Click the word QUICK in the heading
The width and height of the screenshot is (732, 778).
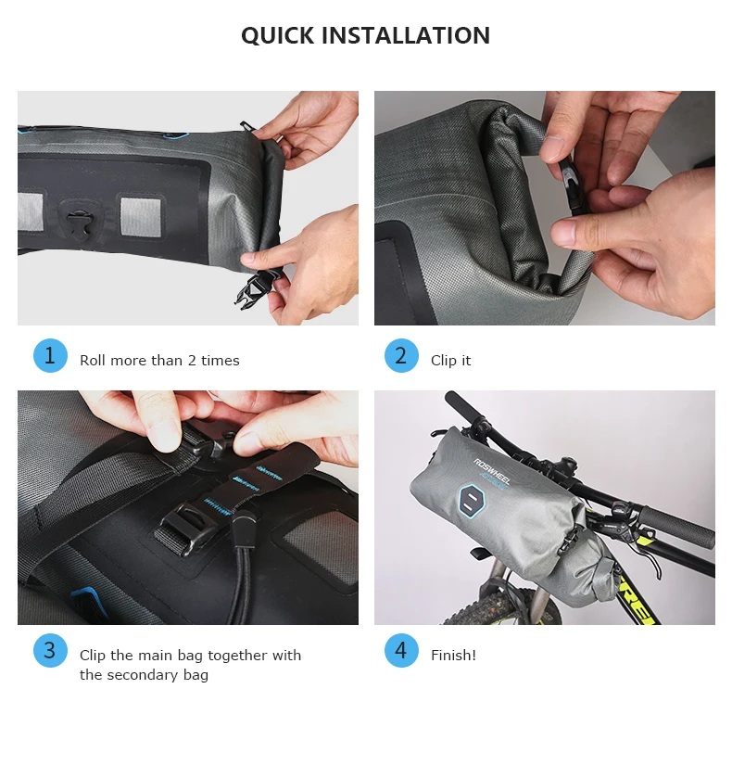pos(278,36)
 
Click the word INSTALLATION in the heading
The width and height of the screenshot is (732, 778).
pos(406,36)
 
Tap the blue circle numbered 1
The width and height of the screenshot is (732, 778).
pos(50,355)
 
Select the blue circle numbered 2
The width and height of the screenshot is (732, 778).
pos(401,355)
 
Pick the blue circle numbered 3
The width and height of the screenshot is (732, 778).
pos(50,650)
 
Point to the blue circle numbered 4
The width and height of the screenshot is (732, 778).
pos(401,650)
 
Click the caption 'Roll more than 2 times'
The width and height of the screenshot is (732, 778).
pos(159,360)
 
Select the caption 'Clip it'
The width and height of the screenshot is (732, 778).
pos(451,360)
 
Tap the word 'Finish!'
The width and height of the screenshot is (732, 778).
pos(453,655)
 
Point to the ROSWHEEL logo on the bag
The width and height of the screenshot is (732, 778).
pos(491,471)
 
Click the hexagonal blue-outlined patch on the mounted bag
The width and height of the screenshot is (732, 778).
pos(471,501)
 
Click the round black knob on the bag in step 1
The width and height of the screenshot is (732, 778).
pos(78,221)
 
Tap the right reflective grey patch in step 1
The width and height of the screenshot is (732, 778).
pos(140,216)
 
